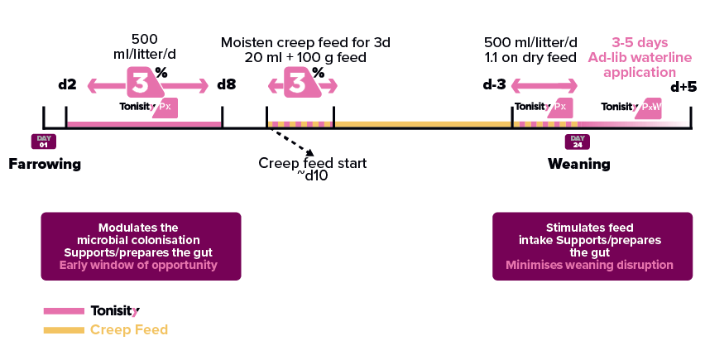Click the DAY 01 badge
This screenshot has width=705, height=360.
coord(43,142)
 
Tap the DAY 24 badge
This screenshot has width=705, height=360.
coord(577,142)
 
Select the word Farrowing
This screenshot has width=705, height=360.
coord(46,164)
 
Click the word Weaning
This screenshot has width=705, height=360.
coord(578,164)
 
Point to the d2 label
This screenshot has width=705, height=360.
coord(67,84)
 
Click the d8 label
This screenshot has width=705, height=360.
coord(226,84)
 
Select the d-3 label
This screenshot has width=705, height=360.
coord(493,84)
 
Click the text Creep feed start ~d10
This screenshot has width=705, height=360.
coord(312,170)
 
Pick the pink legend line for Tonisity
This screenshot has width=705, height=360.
coord(63,311)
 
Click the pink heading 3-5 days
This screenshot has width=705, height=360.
coord(639,42)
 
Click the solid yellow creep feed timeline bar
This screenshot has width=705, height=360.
coord(422,124)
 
